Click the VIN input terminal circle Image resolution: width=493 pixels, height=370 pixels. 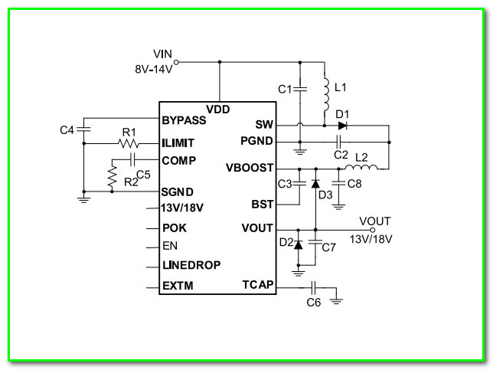coord(176,62)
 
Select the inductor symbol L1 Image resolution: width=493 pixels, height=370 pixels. coord(326,94)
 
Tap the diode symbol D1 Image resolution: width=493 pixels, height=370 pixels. coord(342,126)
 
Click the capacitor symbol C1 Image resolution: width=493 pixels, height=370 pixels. coord(300,90)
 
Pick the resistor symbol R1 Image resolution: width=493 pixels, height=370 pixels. coord(129,144)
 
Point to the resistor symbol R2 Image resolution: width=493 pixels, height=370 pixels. coord(112,176)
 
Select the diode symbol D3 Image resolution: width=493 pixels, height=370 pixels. coord(315,184)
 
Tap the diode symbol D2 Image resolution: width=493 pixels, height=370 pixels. coord(298,244)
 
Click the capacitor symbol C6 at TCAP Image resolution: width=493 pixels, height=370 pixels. coord(313,287)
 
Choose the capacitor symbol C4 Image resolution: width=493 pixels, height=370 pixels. coord(83,129)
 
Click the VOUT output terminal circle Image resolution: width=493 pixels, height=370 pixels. coord(373,230)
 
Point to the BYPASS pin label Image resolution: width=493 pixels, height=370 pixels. coord(184,120)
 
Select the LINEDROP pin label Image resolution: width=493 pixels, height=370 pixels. coord(191,265)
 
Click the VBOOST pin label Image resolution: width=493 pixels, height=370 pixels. coord(250,168)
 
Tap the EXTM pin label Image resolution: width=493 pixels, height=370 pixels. coord(178,286)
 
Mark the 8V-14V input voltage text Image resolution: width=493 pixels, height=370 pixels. coord(154,69)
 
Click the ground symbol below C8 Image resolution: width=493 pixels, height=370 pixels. coord(338,207)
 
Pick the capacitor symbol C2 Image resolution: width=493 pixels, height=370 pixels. coord(338,142)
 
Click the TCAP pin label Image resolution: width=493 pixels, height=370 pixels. coord(258,285)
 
